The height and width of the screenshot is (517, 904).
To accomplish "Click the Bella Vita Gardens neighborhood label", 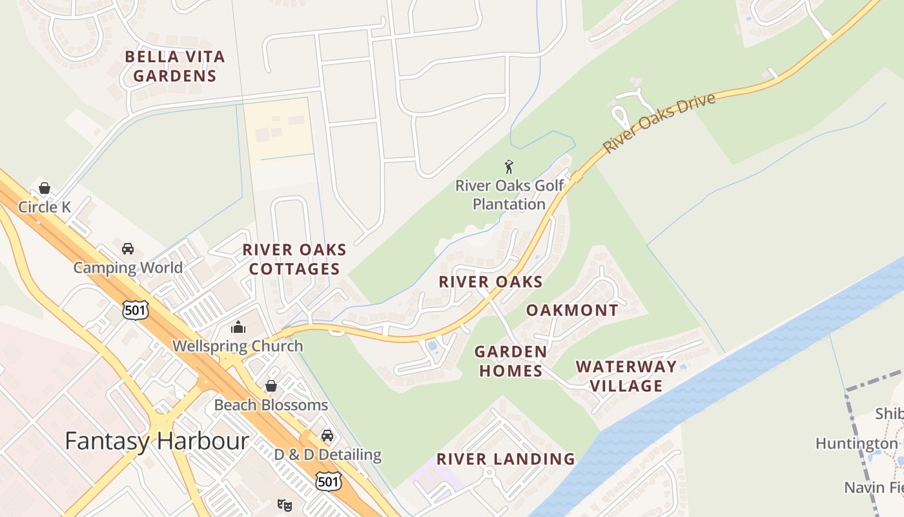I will tap(174, 66).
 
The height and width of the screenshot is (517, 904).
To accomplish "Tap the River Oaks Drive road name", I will tap(659, 123).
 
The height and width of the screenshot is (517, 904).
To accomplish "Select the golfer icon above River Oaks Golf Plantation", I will tap(509, 167).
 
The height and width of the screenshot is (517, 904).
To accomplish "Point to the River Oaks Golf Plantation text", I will tap(509, 195).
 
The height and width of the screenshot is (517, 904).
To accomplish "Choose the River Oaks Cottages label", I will tap(294, 259).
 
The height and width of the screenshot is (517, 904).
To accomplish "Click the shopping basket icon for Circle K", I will tap(45, 188).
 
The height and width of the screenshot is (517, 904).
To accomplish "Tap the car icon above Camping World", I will tap(128, 249).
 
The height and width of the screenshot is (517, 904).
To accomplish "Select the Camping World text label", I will tap(128, 268).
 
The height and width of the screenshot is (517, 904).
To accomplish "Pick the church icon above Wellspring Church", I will tap(238, 328).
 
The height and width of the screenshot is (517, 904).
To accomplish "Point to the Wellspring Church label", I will tap(238, 346).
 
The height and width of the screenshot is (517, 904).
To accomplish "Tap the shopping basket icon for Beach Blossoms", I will tap(271, 386).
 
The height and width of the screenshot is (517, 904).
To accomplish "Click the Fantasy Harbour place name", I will tap(157, 441).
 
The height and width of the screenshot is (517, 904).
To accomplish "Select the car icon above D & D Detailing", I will tap(327, 436).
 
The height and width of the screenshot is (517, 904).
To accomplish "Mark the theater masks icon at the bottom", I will tap(284, 505).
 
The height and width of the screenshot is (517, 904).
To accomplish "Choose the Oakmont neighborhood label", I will tap(572, 310).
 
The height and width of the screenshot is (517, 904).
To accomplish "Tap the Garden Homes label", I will tap(509, 361).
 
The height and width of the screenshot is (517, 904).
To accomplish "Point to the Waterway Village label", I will tap(626, 376).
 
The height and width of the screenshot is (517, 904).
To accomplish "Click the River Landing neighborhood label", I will tap(506, 459).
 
